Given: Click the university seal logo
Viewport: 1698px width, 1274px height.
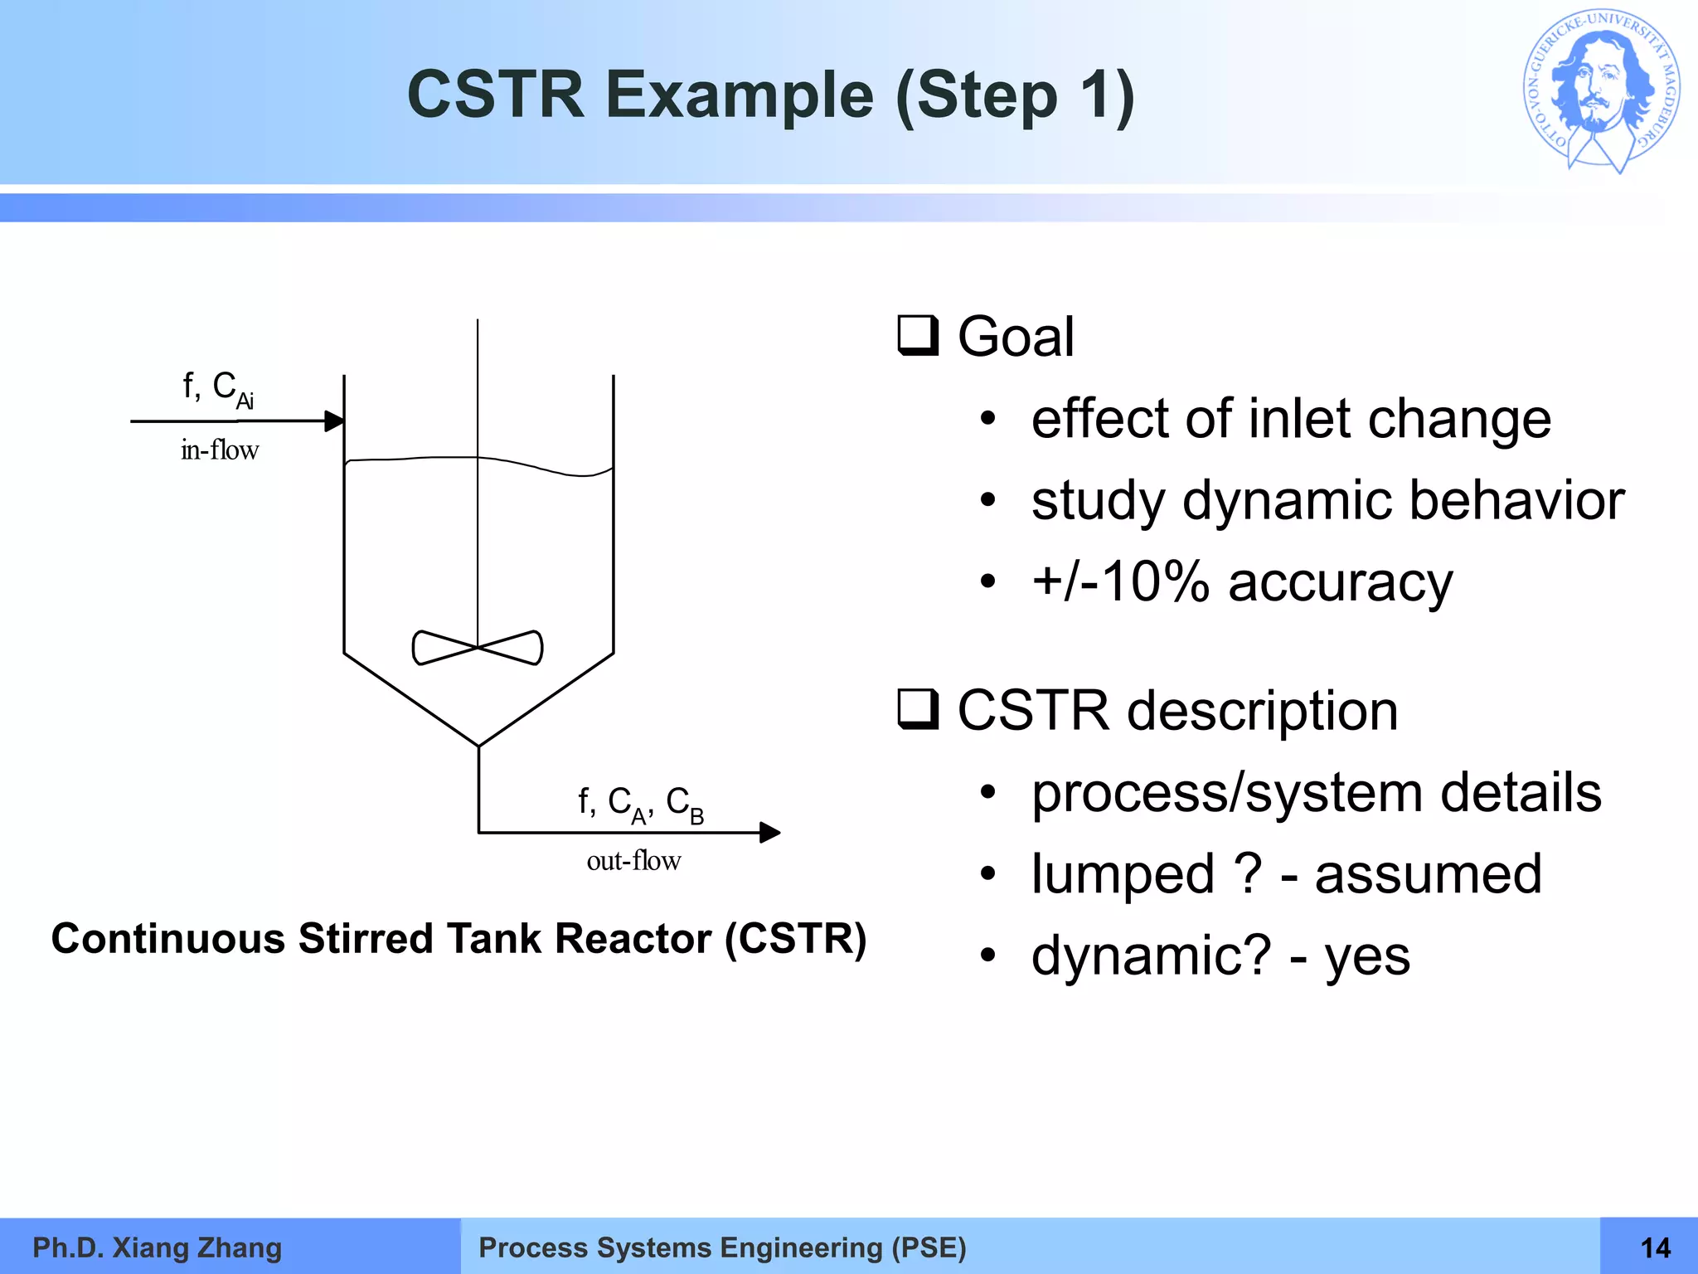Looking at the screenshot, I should coord(1602,91).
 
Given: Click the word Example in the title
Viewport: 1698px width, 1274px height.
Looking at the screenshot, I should coord(740,95).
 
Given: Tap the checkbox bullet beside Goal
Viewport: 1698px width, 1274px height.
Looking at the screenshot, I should coord(918,336).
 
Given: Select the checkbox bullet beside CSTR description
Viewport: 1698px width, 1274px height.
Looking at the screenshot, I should coord(918,710).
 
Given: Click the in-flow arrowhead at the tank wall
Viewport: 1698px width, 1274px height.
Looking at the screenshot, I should coord(334,421).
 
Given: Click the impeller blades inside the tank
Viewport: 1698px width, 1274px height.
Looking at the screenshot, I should coord(478,648).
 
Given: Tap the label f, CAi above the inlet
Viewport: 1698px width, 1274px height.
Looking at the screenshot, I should coord(218,388).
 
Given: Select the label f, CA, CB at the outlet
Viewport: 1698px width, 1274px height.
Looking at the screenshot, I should coord(641,804).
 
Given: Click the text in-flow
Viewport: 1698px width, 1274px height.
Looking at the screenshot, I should coord(220,450).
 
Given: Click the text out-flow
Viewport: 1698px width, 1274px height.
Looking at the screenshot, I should coord(633,861).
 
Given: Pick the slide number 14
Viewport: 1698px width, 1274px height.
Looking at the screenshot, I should coord(1655,1247).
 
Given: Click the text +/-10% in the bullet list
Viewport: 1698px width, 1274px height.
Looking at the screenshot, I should coord(1120,581).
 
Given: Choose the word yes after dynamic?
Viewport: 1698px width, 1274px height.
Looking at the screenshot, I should coord(1367,956).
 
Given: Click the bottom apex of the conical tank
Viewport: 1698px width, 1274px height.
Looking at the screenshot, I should coord(478,746).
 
